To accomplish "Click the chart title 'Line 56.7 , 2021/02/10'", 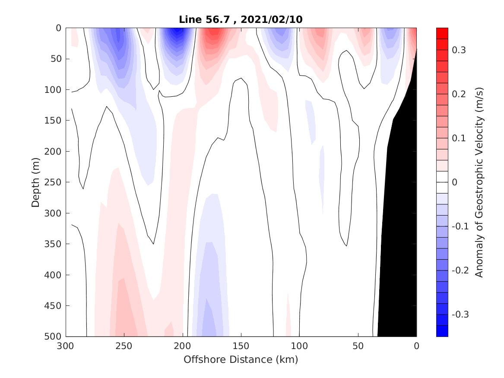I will coord(241,19).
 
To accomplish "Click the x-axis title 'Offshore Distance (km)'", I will coord(241,359).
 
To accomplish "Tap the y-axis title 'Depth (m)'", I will coord(36,182).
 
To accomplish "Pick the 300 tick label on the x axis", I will coord(66,346).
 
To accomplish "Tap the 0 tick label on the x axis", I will coord(416,346).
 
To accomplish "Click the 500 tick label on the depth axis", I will coord(55,337).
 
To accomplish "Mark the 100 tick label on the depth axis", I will coord(55,90).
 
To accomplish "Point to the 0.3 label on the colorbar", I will coord(459,50).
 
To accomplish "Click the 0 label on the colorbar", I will coord(454,182).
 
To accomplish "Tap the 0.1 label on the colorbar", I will coord(459,138).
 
